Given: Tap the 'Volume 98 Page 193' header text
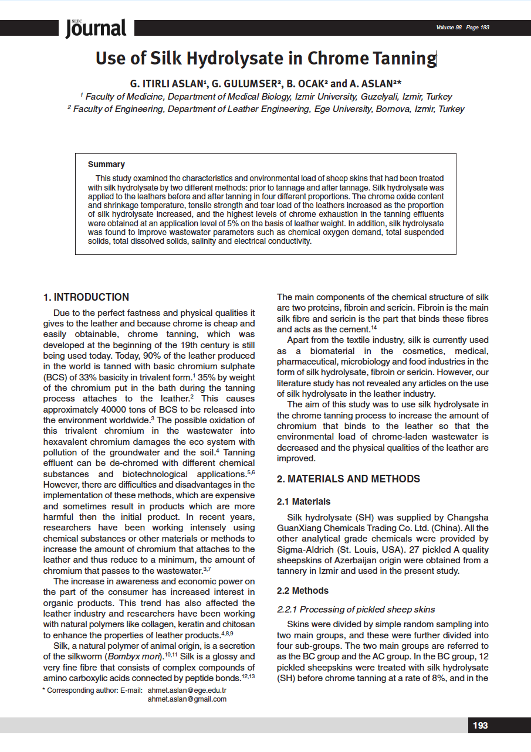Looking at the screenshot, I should tap(462, 28).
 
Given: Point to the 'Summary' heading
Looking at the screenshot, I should tap(106, 164).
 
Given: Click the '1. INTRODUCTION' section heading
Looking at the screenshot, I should tap(86, 297).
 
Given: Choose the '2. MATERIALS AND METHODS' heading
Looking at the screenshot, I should tap(348, 479).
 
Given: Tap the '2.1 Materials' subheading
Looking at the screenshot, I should tap(303, 502).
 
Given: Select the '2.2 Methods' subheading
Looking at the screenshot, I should tap(302, 590).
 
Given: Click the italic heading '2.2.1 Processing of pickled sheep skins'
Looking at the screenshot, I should tap(356, 609).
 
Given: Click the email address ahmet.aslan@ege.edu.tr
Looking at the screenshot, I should tap(187, 690).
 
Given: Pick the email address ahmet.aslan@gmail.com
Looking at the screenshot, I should tap(187, 699).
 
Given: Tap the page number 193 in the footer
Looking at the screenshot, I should tap(480, 726).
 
